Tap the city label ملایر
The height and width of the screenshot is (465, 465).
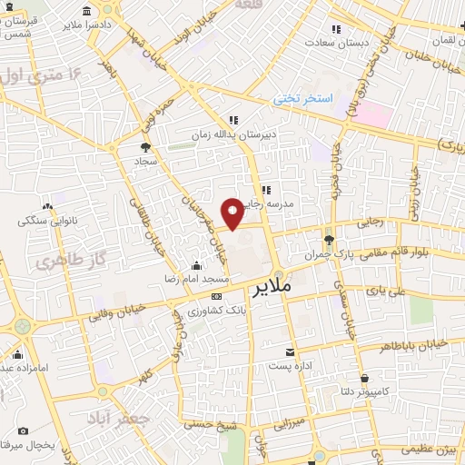pos(269,291)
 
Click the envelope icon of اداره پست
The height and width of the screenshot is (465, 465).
pos(290,351)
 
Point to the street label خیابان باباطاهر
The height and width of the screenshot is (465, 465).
pos(417,344)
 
